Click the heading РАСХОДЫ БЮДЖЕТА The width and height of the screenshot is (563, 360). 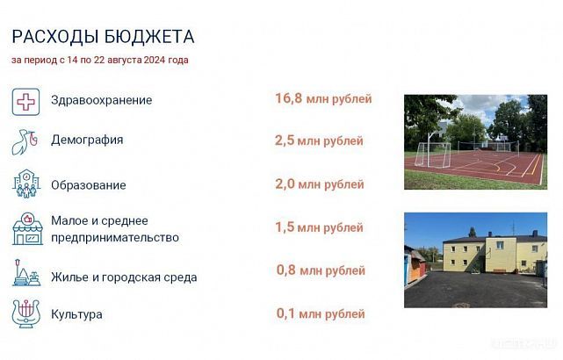click(x=103, y=36)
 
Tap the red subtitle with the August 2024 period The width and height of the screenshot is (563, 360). click(x=99, y=61)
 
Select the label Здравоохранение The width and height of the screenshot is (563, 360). click(x=101, y=100)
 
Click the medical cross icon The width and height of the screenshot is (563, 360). click(x=26, y=100)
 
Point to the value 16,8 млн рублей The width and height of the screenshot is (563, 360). click(x=323, y=98)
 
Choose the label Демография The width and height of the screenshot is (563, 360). click(x=87, y=140)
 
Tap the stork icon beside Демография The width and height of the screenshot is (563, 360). click(x=26, y=140)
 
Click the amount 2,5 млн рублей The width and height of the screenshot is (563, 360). click(x=319, y=140)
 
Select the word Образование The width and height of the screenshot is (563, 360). click(x=88, y=185)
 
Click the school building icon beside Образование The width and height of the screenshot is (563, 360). click(x=26, y=184)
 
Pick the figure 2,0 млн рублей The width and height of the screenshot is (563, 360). click(x=319, y=184)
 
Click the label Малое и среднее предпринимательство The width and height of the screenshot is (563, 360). click(x=114, y=229)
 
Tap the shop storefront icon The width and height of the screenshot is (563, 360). click(x=26, y=229)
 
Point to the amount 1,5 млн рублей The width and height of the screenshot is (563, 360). click(x=319, y=227)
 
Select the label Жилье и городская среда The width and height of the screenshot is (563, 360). click(x=124, y=277)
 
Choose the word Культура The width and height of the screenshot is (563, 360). click(x=76, y=314)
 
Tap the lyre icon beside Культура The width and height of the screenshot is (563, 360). click(x=26, y=314)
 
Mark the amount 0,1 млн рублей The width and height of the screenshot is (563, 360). click(x=319, y=313)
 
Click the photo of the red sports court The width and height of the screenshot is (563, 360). click(x=475, y=141)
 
